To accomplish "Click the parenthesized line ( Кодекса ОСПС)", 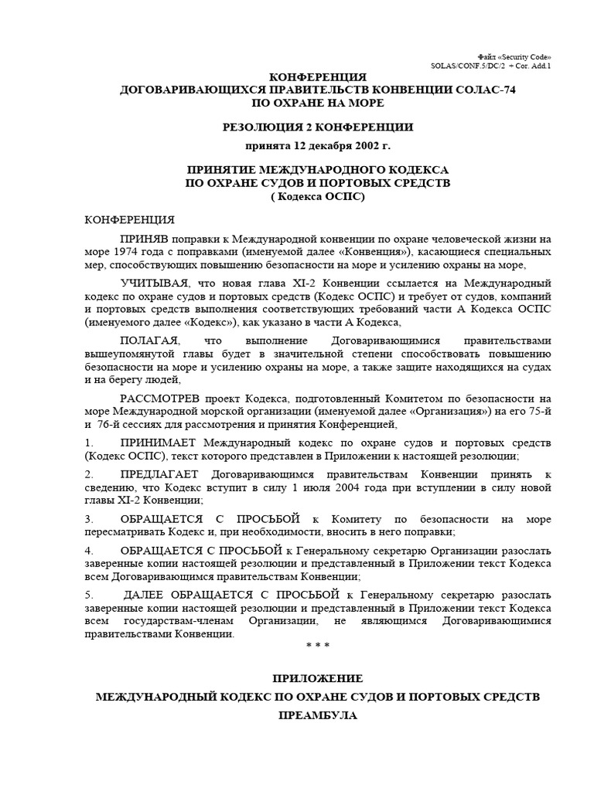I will coord(317,196).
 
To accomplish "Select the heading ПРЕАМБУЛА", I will coord(317,716).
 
